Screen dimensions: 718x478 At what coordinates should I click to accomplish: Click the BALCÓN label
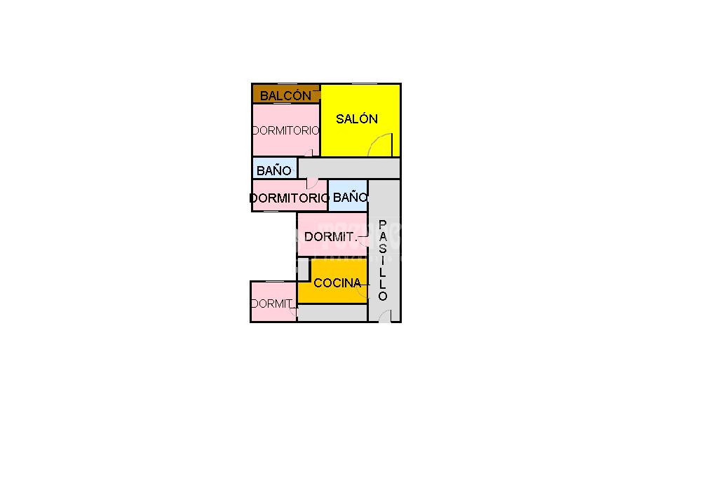(285, 95)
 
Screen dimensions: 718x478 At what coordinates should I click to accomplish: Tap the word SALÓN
(357, 118)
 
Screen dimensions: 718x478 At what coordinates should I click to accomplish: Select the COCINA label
(337, 283)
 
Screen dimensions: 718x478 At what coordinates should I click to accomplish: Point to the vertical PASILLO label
(383, 260)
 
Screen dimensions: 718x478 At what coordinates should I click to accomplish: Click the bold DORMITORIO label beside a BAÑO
(289, 198)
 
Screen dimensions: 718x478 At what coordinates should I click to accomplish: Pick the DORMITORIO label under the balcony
(285, 130)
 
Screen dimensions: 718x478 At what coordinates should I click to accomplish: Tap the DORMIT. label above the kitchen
(331, 237)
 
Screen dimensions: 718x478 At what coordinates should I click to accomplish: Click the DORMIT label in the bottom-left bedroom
(272, 303)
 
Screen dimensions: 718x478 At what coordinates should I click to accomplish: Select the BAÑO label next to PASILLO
(350, 198)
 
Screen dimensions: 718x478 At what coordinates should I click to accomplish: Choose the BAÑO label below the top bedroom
(273, 170)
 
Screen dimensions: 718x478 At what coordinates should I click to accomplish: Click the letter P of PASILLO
(383, 224)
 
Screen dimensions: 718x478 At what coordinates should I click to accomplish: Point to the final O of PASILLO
(383, 296)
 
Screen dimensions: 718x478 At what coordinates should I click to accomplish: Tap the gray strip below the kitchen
(332, 313)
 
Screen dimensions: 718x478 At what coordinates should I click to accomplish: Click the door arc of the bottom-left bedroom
(293, 311)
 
